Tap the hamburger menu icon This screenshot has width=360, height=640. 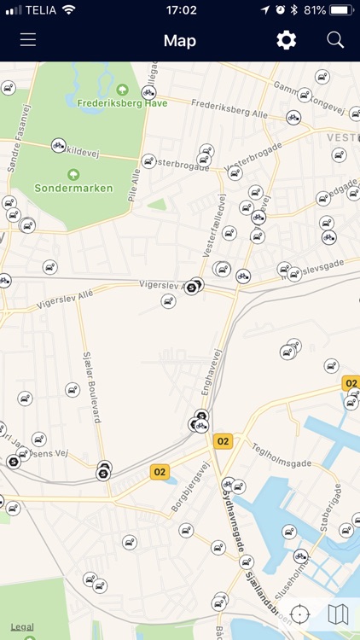(x=28, y=40)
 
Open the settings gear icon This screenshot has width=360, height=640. (x=286, y=40)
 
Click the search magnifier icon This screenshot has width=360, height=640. (x=335, y=40)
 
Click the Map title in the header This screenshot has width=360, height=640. (x=180, y=40)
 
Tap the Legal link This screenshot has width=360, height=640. (x=22, y=627)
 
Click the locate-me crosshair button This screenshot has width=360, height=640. (x=299, y=614)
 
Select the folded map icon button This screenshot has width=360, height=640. (x=338, y=614)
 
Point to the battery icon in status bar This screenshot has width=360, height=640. (x=340, y=10)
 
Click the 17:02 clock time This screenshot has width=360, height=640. (x=180, y=10)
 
